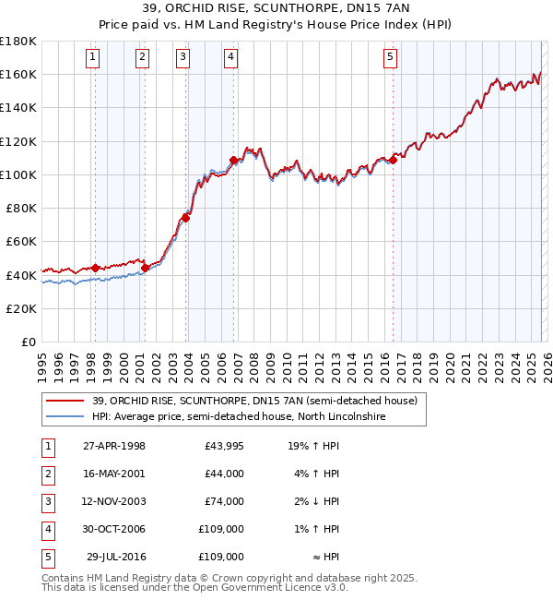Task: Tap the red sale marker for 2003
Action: (186, 218)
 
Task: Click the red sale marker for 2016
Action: (394, 160)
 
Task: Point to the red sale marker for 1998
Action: (95, 269)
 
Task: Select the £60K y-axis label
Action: (21, 241)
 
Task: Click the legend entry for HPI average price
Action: (238, 416)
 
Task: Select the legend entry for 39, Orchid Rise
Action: (254, 401)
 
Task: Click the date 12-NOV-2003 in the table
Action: (114, 501)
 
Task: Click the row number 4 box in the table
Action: (47, 529)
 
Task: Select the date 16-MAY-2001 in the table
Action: (114, 474)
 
